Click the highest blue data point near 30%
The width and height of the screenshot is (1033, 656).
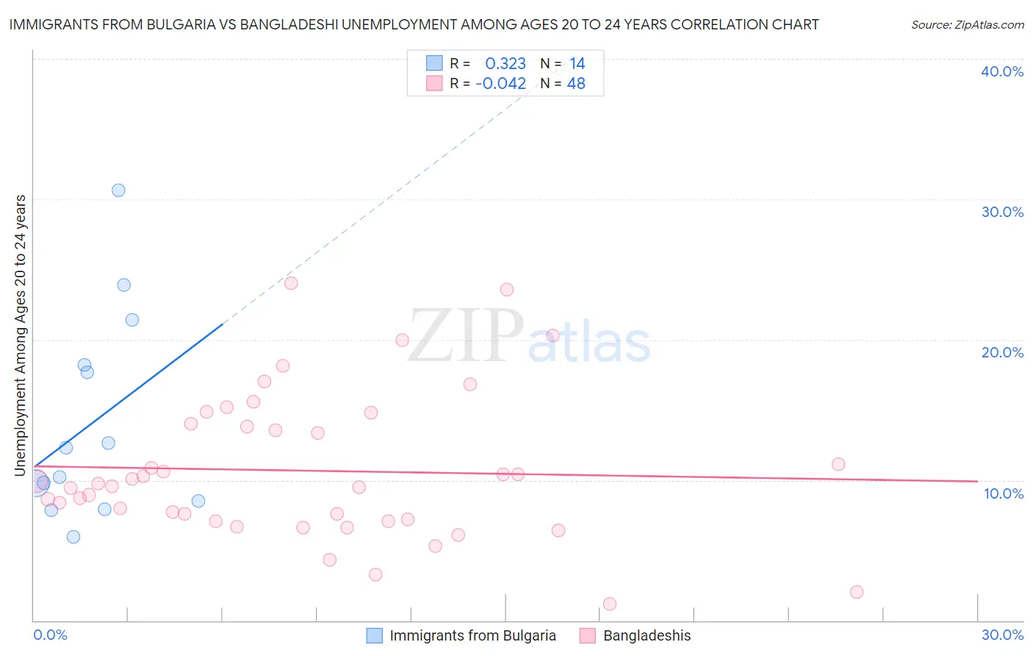click(x=118, y=190)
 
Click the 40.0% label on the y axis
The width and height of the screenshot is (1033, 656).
click(x=1002, y=71)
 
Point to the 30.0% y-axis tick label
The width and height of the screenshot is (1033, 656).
click(x=1002, y=212)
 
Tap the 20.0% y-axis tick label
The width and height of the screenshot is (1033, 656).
click(x=1002, y=352)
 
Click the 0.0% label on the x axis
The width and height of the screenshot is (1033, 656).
click(x=50, y=635)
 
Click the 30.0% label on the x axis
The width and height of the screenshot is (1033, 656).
click(x=1002, y=635)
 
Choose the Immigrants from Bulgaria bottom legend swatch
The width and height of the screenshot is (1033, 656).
click(x=375, y=635)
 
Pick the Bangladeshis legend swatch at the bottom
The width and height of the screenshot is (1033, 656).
click(x=588, y=635)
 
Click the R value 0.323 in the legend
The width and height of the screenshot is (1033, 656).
click(x=505, y=64)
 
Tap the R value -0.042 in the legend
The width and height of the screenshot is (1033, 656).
click(x=501, y=84)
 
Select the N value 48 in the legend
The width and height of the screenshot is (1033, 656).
click(x=576, y=84)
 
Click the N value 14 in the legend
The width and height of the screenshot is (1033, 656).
click(x=577, y=64)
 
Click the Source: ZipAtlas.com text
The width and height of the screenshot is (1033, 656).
click(x=967, y=25)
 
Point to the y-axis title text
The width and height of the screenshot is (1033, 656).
click(x=21, y=335)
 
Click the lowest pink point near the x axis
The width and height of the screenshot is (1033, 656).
click(x=609, y=604)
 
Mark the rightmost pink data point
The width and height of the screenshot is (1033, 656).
click(x=856, y=592)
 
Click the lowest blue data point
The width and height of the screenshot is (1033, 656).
click(x=73, y=537)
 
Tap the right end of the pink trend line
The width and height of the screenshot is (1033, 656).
click(x=977, y=481)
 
